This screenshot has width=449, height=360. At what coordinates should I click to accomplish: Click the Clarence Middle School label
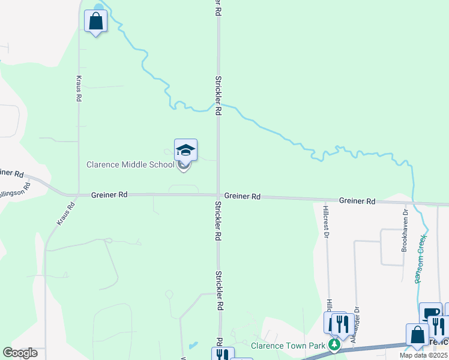[130, 164]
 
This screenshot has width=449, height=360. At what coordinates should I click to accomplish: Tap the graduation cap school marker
[185, 151]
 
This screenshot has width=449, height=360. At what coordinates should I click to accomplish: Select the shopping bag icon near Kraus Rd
[95, 22]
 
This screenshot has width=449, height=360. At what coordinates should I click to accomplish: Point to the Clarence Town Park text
[288, 346]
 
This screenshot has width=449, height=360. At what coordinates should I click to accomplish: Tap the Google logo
[20, 353]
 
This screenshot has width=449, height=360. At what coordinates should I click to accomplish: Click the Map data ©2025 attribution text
[423, 355]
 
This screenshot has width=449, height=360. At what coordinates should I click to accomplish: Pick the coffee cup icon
[430, 314]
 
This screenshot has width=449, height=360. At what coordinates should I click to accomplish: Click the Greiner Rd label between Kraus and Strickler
[109, 195]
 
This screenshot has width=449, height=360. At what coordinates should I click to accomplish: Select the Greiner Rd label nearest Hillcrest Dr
[357, 201]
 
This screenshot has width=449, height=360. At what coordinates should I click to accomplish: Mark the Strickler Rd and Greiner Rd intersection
[218, 194]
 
